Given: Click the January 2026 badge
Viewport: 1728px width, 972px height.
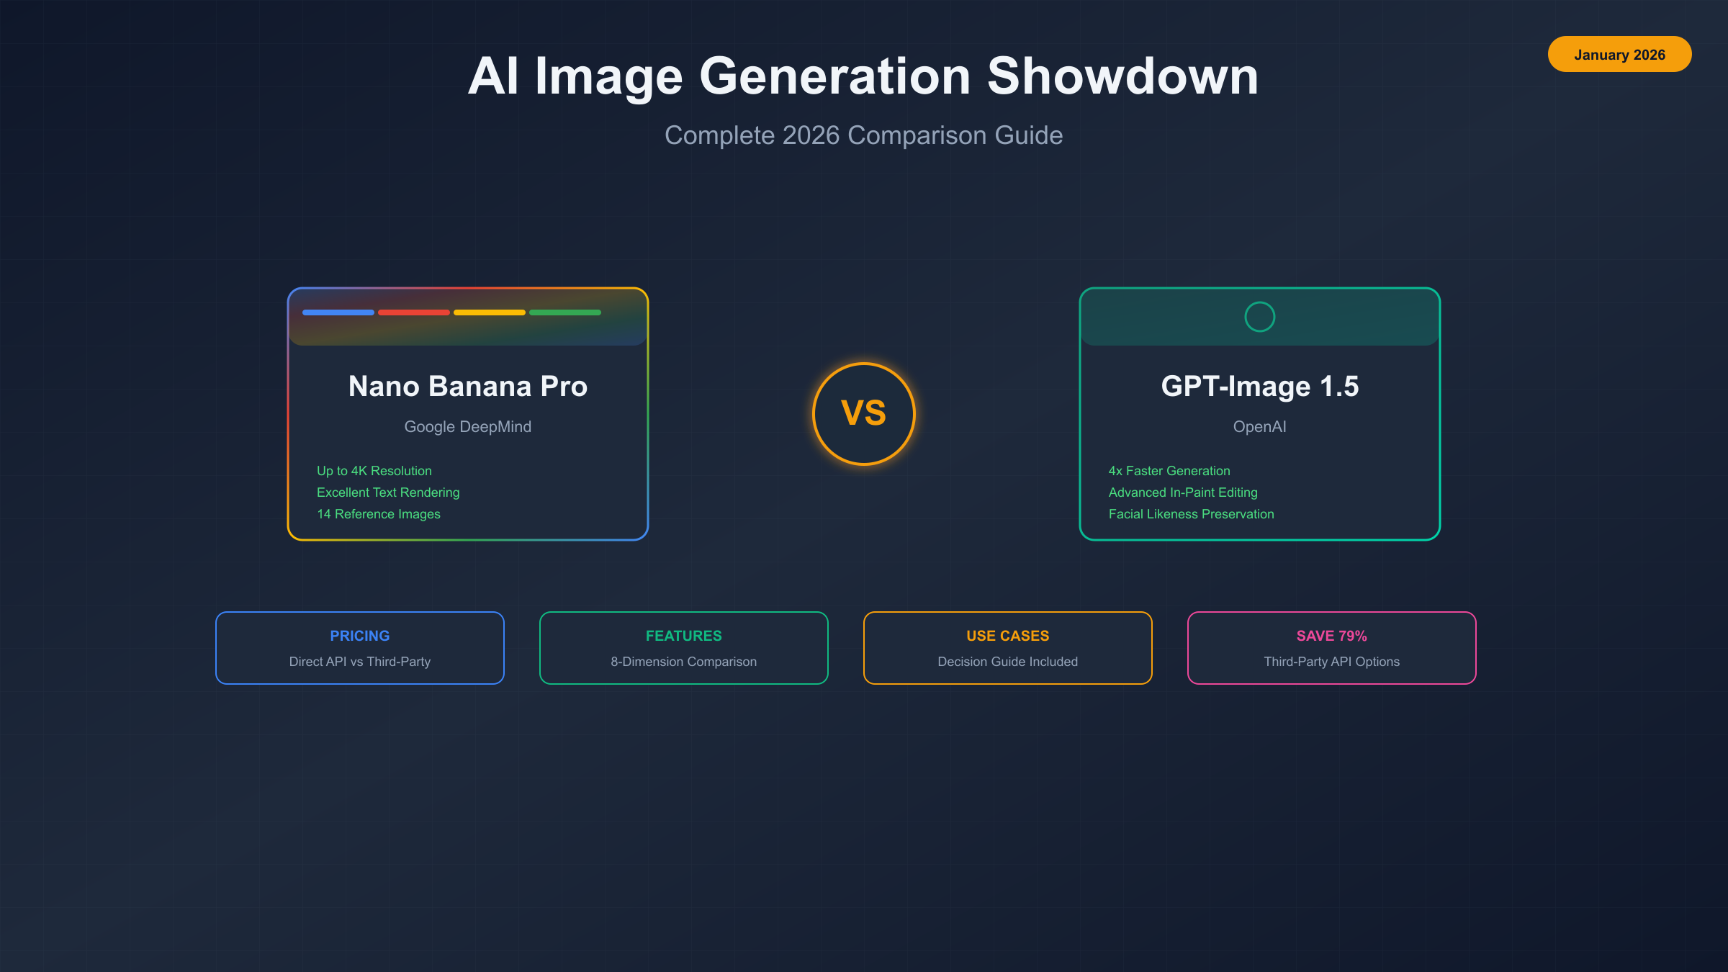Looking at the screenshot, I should [x=1619, y=55].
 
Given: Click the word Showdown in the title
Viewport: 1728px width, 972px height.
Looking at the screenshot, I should [x=1122, y=76].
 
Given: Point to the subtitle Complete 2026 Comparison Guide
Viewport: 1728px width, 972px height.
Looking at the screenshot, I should [x=863, y=135].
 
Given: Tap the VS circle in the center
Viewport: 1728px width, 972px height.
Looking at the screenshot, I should [x=863, y=413].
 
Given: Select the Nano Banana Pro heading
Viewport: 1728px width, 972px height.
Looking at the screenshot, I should [x=468, y=387].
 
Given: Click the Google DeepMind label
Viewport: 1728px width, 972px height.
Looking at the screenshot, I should [x=468, y=427].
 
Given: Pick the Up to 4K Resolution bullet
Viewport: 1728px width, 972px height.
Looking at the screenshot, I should [x=374, y=471].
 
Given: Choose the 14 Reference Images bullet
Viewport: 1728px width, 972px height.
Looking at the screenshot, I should [x=379, y=514].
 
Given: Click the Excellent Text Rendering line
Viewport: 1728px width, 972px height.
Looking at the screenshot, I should [x=388, y=492].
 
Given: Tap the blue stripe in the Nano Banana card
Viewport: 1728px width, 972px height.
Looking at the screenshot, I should [x=338, y=312].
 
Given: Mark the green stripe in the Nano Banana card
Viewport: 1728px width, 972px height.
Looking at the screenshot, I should [x=565, y=312].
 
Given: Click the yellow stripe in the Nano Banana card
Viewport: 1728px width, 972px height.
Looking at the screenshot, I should [x=490, y=312].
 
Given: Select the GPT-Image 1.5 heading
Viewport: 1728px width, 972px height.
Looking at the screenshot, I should [x=1260, y=387].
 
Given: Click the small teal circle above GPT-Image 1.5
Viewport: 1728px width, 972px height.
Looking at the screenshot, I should [x=1260, y=317].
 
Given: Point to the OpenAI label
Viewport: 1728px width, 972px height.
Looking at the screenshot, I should [x=1260, y=427].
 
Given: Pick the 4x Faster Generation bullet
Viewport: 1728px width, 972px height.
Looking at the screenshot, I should [x=1169, y=471].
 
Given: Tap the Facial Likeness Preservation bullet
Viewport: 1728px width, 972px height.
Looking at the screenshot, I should [x=1192, y=514].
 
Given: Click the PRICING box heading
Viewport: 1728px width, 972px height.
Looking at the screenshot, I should [x=360, y=636].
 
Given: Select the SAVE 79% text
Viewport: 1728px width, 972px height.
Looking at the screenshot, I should [x=1332, y=636].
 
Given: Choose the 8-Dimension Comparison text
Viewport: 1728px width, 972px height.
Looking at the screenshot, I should [x=684, y=662].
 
